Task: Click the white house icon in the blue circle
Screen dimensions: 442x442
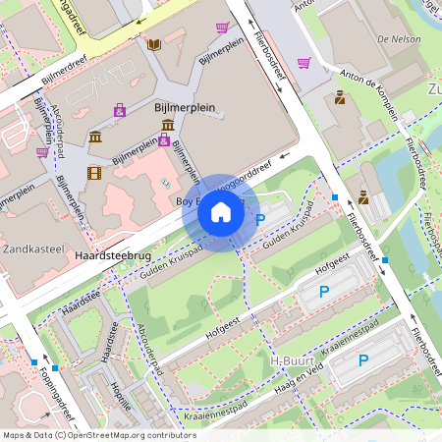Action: coord(221,212)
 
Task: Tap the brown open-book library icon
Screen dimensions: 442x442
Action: coord(153,44)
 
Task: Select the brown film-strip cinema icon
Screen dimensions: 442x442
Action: coord(94,173)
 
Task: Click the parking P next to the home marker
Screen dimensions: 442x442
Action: coord(260,220)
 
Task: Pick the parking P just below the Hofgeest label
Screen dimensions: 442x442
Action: coord(324,291)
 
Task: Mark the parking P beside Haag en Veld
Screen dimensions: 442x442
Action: coord(362,360)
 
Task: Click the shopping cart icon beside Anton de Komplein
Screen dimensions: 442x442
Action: coord(304,64)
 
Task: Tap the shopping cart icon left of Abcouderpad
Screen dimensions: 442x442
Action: coord(42,152)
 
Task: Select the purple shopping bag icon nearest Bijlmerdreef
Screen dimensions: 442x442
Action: coord(120,110)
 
